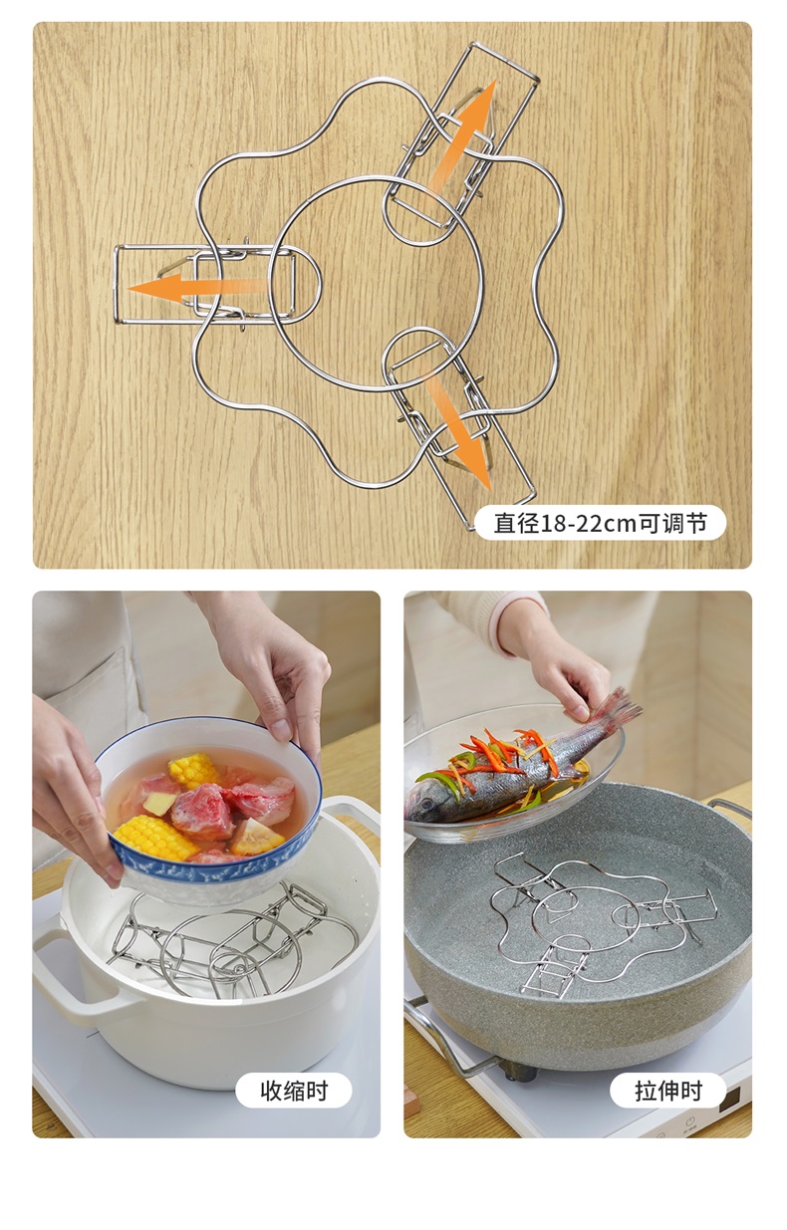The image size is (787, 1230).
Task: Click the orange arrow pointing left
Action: tap(195, 287)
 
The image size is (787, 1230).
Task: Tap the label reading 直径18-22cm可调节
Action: tap(600, 523)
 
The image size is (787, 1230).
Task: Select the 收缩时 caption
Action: tap(294, 1090)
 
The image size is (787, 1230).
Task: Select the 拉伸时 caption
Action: tap(668, 1090)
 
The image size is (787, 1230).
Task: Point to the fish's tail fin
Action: tap(617, 707)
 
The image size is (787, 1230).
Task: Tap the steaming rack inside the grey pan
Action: tap(602, 928)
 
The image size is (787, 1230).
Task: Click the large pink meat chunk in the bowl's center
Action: tap(202, 810)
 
